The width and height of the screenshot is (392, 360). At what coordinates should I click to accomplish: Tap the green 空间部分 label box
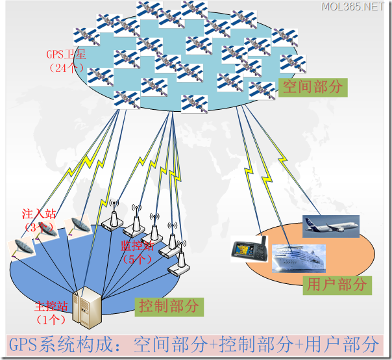[313, 87]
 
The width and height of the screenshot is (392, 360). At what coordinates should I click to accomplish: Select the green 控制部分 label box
[170, 305]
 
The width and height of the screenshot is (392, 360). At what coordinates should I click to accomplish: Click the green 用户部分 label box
[336, 284]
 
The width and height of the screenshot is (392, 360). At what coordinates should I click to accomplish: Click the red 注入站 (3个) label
[38, 220]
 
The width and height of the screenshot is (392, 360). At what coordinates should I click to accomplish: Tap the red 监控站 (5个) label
[136, 251]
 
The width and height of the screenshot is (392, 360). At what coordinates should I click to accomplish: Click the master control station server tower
[86, 305]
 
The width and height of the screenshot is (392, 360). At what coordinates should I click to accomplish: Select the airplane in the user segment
[330, 225]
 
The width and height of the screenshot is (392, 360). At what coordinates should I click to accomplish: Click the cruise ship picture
[298, 260]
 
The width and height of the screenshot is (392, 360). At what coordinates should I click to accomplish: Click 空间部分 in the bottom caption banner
[160, 344]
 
